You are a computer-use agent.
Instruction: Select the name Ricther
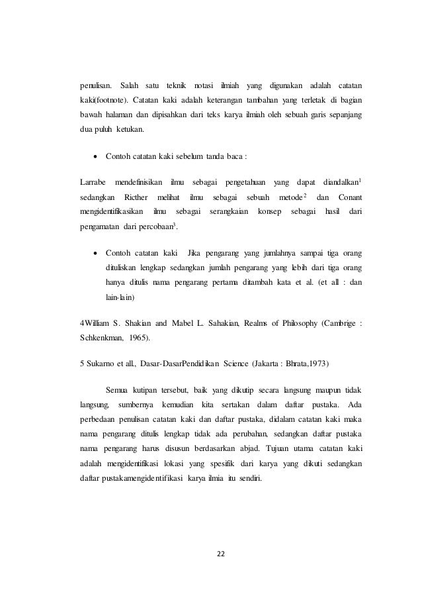(x=136, y=197)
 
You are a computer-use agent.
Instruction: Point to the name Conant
(x=351, y=197)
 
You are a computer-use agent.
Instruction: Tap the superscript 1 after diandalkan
(x=368, y=179)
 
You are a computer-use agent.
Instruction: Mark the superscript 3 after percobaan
(x=176, y=225)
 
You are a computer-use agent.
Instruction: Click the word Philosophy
(x=294, y=323)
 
